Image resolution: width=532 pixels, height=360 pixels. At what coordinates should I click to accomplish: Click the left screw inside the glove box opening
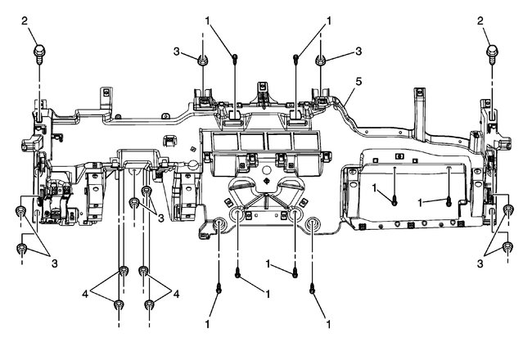tap(394, 199)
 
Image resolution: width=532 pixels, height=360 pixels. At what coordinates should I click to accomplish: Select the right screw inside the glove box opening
tap(449, 199)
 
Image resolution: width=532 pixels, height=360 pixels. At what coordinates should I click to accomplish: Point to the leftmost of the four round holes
tap(219, 227)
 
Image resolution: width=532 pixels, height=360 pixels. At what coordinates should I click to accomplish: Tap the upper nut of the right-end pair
tap(508, 211)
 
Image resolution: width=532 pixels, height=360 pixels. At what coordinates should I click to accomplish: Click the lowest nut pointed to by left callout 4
tap(119, 305)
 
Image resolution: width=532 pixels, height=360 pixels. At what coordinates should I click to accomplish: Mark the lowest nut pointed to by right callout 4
tap(150, 305)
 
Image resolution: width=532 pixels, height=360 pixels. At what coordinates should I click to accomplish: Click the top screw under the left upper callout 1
tap(236, 57)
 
